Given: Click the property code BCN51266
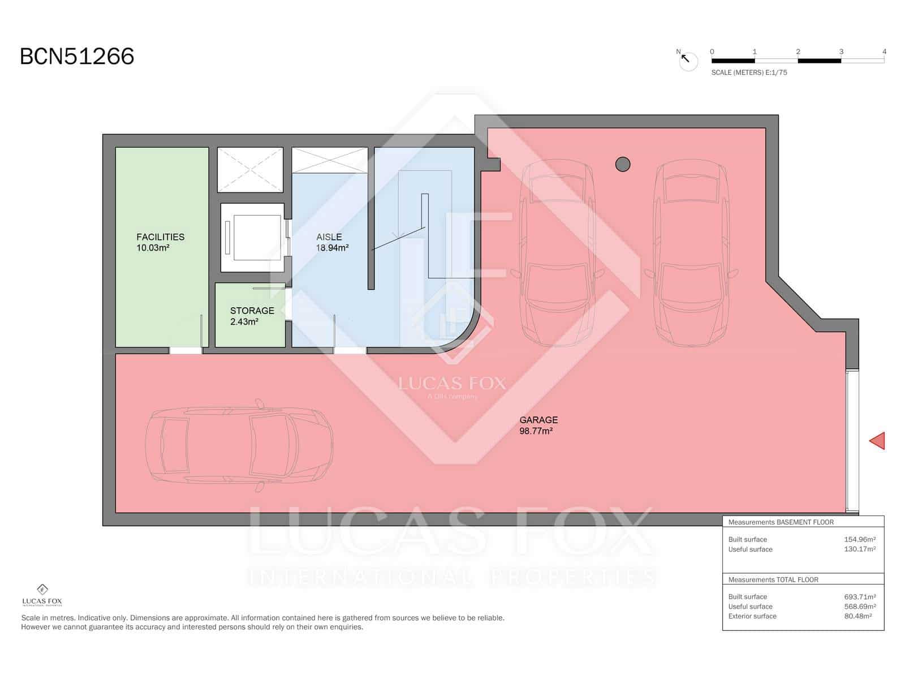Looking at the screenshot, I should click(77, 57).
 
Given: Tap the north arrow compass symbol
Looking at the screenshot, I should click(688, 60).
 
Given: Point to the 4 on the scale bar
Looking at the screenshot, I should click(884, 51).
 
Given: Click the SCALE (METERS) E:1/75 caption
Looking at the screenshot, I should click(749, 72).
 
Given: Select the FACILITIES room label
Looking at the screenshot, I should click(160, 237).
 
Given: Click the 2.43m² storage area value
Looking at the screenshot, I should click(244, 321).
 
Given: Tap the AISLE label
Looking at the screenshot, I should click(329, 237).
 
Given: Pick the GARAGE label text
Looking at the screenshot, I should click(538, 420).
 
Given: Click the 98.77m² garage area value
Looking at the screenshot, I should click(535, 431).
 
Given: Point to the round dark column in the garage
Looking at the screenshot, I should click(622, 164).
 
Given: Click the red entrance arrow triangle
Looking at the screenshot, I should click(877, 441).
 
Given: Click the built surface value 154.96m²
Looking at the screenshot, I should click(859, 539).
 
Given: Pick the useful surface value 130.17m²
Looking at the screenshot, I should click(859, 549).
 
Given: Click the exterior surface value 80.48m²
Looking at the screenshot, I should click(857, 616).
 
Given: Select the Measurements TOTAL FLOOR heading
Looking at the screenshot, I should click(773, 579).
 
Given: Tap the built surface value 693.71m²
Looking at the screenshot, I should click(859, 596).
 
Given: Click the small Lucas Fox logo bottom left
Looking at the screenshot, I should click(42, 595).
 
